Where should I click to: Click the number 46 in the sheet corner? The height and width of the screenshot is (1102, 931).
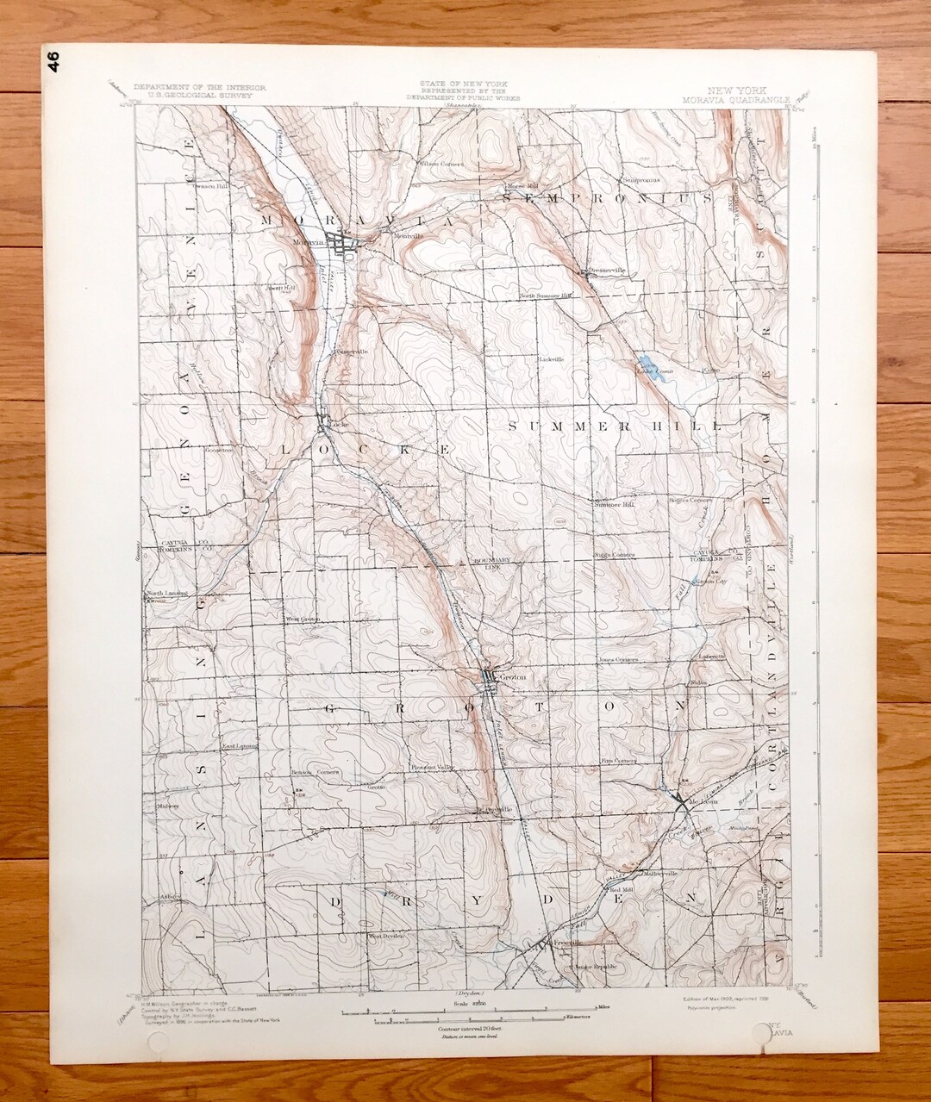click(x=54, y=62)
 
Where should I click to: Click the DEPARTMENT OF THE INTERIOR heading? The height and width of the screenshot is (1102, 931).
click(x=199, y=88)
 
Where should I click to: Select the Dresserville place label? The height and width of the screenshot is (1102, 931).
click(x=606, y=270)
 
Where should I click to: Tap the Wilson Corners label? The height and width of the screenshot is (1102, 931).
click(x=441, y=163)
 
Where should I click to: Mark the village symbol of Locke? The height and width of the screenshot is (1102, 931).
click(x=325, y=422)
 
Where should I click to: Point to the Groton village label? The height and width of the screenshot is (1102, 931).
click(x=512, y=676)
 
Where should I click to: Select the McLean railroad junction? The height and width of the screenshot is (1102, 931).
click(x=682, y=802)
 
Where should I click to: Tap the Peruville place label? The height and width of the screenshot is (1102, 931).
click(x=497, y=810)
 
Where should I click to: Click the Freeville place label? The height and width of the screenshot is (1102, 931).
click(x=565, y=942)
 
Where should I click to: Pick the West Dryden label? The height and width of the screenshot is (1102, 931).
click(x=387, y=936)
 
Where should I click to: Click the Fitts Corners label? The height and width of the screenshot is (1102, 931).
click(x=619, y=762)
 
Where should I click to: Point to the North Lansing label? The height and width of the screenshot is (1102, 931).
click(x=166, y=594)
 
